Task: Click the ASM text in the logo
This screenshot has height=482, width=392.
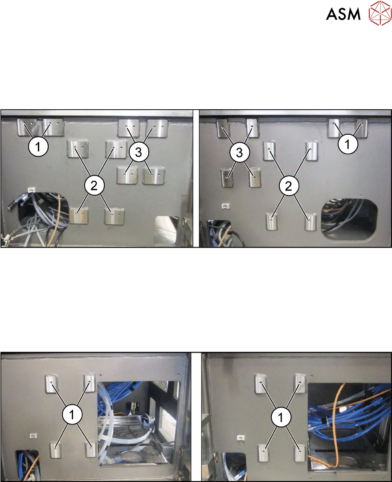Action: [343, 14]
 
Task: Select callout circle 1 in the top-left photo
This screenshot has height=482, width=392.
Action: [38, 147]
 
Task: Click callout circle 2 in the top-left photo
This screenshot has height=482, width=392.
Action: [94, 185]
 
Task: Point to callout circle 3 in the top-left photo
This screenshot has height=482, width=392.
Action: [139, 152]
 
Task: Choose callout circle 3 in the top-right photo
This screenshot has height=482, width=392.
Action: [239, 152]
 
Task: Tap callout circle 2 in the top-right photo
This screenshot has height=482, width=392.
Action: [289, 185]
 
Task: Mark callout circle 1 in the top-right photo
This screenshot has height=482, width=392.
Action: [348, 144]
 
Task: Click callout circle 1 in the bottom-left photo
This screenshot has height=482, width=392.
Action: [72, 415]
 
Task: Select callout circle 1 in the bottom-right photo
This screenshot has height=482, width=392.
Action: [281, 417]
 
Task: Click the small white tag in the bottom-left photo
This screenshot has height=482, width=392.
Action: [33, 436]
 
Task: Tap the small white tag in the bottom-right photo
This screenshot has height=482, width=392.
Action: [241, 437]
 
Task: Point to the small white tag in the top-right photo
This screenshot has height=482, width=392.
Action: [226, 206]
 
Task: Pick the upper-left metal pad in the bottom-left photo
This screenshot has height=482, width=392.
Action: [52, 383]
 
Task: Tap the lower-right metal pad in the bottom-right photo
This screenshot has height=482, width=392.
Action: [300, 453]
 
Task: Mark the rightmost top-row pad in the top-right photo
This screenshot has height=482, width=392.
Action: [361, 128]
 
